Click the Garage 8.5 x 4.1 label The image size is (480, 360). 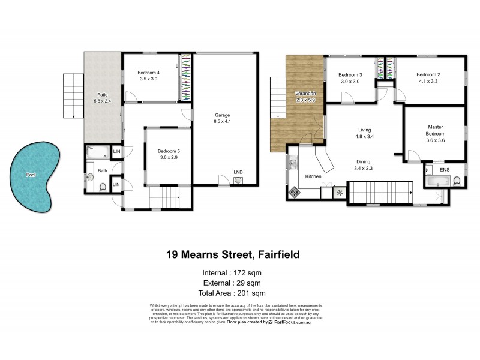point(223,118)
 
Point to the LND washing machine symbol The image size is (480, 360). point(238,180)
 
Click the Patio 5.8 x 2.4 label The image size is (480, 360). point(102,98)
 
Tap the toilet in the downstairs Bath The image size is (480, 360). point(102,187)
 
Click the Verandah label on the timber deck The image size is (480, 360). point(305,96)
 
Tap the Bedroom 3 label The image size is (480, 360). point(350,78)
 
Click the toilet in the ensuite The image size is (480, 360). point(456,181)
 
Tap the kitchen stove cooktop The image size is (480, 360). point(295,191)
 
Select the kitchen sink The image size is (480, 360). point(293,164)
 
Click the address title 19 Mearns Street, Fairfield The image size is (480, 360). point(233,254)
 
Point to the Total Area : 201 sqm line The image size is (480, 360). point(233,293)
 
